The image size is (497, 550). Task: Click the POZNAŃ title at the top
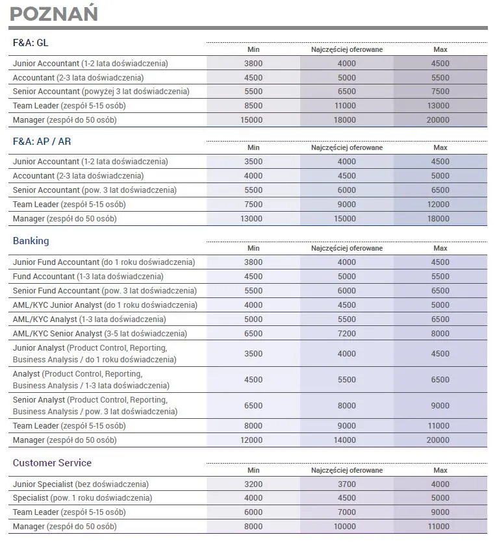(54, 14)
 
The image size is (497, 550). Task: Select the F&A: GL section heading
(31, 43)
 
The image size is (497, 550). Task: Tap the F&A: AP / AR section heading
(42, 141)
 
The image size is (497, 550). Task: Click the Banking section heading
(31, 241)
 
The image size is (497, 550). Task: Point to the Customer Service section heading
(52, 463)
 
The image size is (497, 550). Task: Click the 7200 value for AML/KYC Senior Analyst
(346, 334)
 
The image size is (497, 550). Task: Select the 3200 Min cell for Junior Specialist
(253, 484)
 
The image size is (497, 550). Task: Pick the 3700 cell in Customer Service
(346, 484)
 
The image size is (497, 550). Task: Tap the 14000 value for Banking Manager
(346, 440)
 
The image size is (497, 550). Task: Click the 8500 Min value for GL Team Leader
(253, 106)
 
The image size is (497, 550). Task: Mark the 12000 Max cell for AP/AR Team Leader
(440, 205)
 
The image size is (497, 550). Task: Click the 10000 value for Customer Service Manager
(346, 527)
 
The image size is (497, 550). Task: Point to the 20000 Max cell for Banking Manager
(440, 440)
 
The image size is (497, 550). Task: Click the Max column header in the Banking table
(440, 248)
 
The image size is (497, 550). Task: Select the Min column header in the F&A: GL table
(253, 49)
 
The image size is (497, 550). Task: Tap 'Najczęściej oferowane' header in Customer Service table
(346, 470)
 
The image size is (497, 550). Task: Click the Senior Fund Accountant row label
(105, 291)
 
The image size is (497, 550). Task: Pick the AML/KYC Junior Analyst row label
(105, 305)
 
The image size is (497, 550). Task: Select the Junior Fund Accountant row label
(103, 262)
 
